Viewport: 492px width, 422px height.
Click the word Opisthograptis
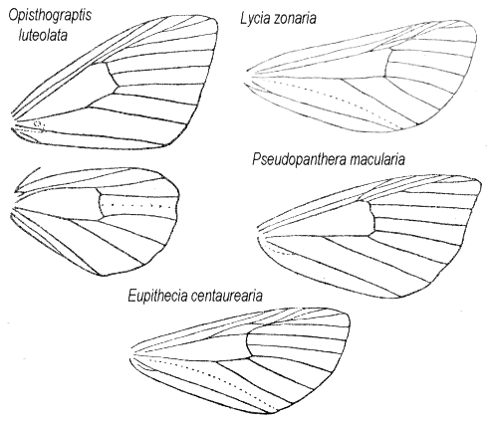[x=50, y=16]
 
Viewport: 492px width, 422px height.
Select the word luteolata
[x=43, y=35]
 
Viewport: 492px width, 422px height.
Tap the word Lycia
[x=255, y=19]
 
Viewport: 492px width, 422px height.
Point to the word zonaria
[x=295, y=19]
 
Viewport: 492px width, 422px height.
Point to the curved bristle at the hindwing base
[x=26, y=178]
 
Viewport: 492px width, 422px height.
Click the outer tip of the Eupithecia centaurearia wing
[x=349, y=316]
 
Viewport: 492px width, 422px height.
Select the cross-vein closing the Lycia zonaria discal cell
[x=387, y=63]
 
